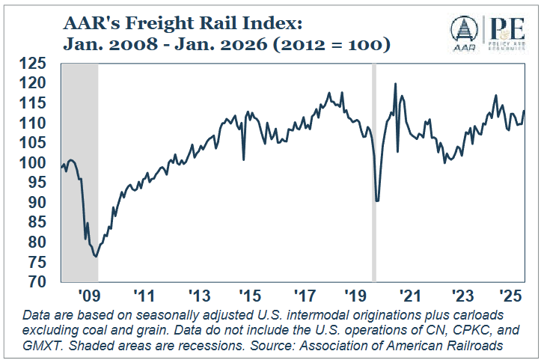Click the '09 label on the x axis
[88, 294]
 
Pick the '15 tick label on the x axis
[251, 294]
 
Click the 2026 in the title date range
[231, 46]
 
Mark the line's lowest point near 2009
[96, 257]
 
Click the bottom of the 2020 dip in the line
[377, 201]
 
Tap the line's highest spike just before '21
[395, 84]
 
